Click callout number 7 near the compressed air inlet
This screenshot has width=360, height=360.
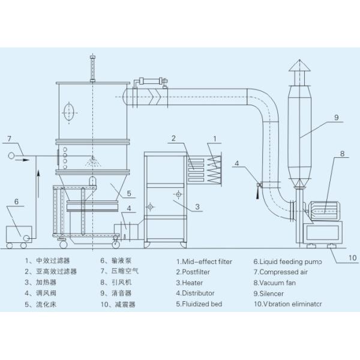[x=9, y=139]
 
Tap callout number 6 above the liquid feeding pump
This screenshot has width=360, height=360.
[x=16, y=202]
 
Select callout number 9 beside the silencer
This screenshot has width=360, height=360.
[x=337, y=118]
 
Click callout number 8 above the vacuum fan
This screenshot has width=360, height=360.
[x=341, y=154]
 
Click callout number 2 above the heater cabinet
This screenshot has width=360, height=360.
[x=173, y=139]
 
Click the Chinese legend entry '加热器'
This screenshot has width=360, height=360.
[x=46, y=283]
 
